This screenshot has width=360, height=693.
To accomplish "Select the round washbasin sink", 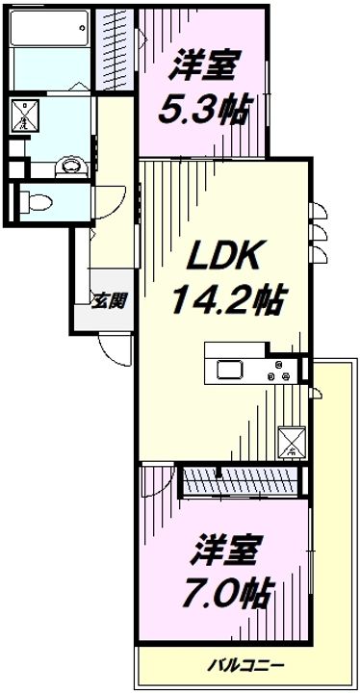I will coord(69,166).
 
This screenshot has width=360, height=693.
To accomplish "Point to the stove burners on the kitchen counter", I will coord(283,372).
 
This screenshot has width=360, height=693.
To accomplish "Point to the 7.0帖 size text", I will coord(227,586).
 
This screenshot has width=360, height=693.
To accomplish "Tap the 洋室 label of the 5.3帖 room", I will coord(204,68).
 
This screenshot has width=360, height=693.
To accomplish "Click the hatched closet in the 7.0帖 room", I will coord(241,481).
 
